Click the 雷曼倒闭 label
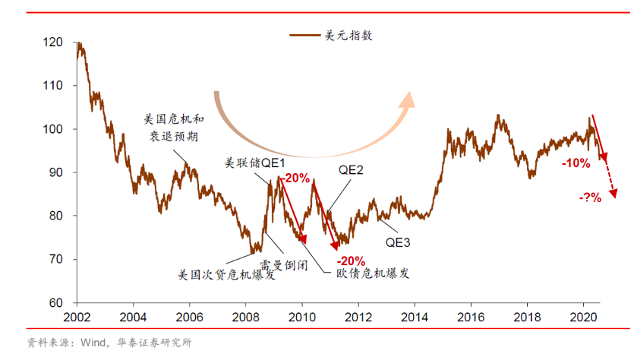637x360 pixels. (x=283, y=266)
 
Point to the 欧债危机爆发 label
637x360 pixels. (x=372, y=273)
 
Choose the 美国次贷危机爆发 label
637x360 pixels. (x=225, y=274)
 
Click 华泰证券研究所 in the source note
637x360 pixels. (x=155, y=343)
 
